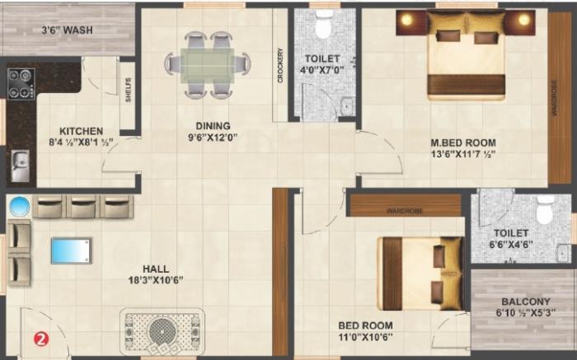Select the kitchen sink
tap(19, 168)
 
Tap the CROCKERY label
tap(281, 65)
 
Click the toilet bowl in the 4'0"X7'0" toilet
tap(323, 27)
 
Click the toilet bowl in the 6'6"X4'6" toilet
tap(545, 211)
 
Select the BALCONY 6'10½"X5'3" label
tap(523, 307)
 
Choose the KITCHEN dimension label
tap(80, 136)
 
